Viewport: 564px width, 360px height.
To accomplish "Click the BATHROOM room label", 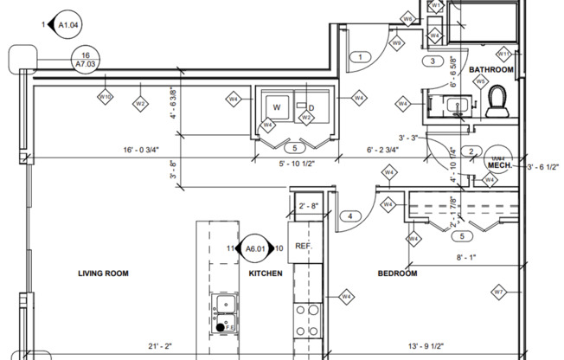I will pos(491,69).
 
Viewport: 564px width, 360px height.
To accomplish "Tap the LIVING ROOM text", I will pos(103,273).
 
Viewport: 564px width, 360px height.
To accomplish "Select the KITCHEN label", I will pos(266,273).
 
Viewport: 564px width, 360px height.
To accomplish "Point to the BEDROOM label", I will pos(397,273).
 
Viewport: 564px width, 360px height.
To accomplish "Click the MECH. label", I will pos(499,164).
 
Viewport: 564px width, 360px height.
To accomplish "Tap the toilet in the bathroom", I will pos(497,102).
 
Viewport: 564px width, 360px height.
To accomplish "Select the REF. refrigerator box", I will pos(303,247).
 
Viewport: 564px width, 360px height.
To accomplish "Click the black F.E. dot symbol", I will pos(223,327).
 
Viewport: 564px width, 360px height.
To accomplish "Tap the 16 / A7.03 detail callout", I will pos(86,58).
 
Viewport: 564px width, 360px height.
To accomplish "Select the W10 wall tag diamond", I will pos(106,98).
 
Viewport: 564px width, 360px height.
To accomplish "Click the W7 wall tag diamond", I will pos(498,292).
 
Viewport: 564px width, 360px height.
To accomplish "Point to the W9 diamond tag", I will pos(397,42).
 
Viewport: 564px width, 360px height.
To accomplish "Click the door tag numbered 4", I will pos(349,215).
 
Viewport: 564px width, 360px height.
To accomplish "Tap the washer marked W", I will pos(276,108).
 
